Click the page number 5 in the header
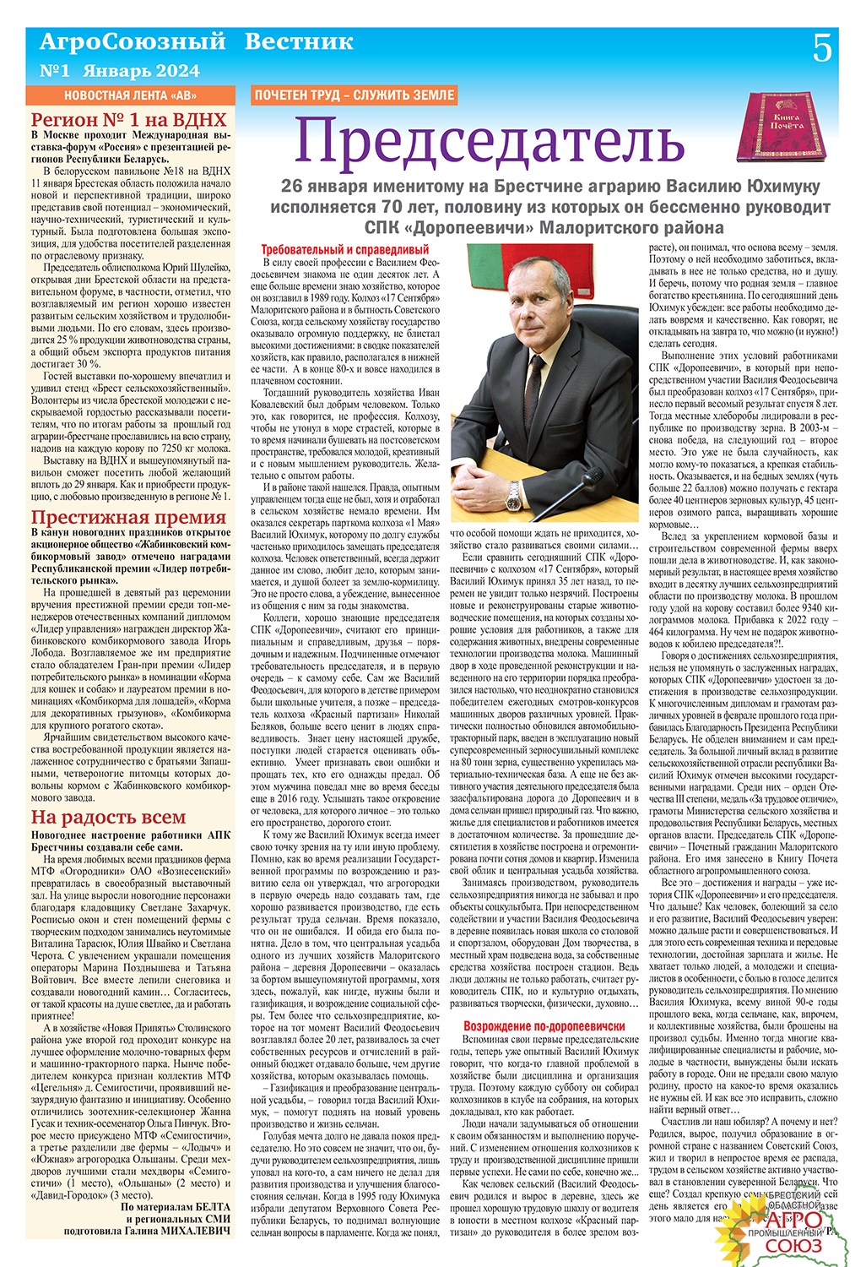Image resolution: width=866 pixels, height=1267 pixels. tap(821, 50)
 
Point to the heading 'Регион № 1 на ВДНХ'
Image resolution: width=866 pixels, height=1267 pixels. tap(128, 119)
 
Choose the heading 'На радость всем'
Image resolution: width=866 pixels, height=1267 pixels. tap(108, 817)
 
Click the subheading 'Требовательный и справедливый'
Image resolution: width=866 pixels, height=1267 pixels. tap(345, 250)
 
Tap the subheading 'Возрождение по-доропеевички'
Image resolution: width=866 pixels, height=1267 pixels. tap(544, 1025)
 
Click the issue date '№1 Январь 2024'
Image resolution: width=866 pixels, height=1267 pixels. tap(120, 70)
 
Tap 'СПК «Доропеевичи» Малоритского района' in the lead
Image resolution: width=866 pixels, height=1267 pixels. tap(544, 228)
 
